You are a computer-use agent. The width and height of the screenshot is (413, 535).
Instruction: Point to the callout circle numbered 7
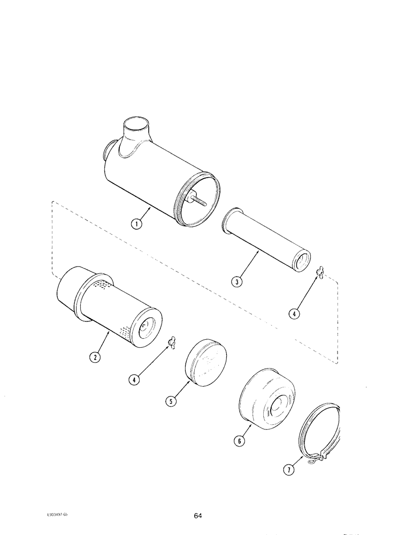click(x=289, y=470)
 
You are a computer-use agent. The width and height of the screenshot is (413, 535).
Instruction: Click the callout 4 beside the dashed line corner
click(x=293, y=314)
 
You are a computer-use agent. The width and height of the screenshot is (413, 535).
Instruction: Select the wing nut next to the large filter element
click(x=172, y=339)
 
